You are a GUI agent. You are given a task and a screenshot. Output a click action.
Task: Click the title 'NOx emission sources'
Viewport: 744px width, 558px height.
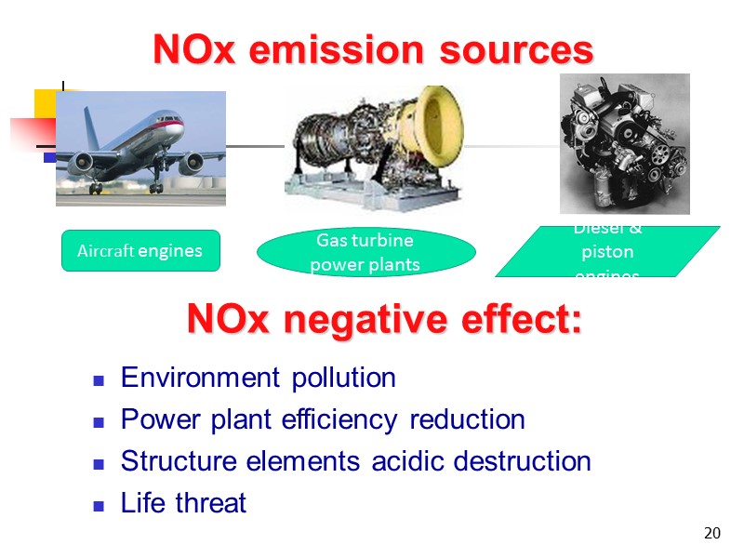[x=372, y=50]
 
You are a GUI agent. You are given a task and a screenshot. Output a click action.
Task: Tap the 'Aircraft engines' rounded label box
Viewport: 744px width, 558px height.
[x=140, y=250]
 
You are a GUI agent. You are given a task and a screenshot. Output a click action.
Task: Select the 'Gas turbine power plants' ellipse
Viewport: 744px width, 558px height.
[x=365, y=252]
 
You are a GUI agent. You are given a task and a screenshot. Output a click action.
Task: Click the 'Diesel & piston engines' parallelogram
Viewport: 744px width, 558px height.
[x=607, y=252]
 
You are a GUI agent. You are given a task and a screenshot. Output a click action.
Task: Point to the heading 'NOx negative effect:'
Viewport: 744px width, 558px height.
[x=384, y=320]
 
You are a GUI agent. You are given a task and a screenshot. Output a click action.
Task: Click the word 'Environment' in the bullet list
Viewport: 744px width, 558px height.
[x=192, y=379]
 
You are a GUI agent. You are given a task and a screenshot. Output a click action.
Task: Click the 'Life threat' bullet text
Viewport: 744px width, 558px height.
[x=183, y=503]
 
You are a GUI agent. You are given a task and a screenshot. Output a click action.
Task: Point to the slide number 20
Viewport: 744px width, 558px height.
[x=712, y=533]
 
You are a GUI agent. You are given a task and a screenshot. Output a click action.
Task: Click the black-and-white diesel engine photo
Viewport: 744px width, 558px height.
[x=624, y=143]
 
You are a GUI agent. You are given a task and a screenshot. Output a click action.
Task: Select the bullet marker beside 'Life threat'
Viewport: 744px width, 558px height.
[x=98, y=505]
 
